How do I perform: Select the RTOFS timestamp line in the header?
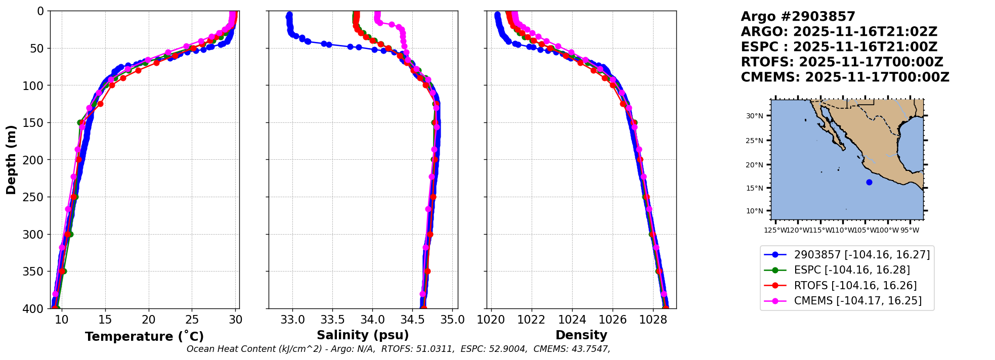(842, 62)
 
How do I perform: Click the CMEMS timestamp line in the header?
(845, 77)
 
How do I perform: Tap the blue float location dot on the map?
(869, 183)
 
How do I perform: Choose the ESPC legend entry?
(852, 270)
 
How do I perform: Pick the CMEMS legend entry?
(857, 301)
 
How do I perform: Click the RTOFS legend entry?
(855, 286)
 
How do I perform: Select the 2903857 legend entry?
(861, 255)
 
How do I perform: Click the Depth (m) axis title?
(11, 159)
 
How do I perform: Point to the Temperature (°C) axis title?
(144, 337)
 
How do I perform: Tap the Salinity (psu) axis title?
(363, 335)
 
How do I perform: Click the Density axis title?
(581, 335)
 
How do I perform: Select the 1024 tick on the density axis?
(572, 320)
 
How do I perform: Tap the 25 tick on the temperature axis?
(192, 320)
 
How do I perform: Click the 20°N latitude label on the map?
(754, 165)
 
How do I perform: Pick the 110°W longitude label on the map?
(842, 231)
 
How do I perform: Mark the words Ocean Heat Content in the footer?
(230, 349)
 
